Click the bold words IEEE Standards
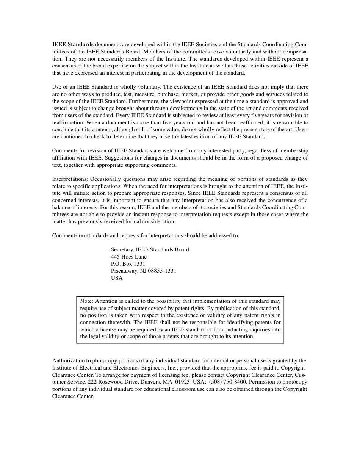pos(73,45)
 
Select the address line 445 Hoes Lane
pos(128,257)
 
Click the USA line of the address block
pos(117,278)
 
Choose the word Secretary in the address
pos(122,249)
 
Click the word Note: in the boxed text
pos(87,301)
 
